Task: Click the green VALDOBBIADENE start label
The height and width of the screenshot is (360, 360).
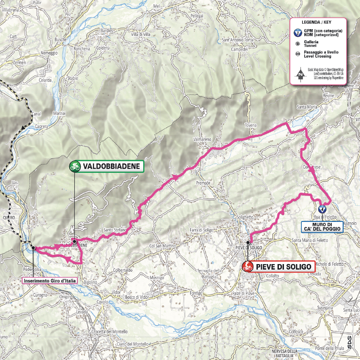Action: (x=106, y=166)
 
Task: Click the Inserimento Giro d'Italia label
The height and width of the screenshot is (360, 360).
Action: (x=49, y=279)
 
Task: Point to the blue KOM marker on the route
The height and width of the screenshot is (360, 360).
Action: (x=322, y=209)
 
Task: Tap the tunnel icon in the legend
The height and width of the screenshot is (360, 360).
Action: (x=298, y=43)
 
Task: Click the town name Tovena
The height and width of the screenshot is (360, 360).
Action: (x=251, y=125)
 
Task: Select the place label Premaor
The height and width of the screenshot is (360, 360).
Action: (x=203, y=183)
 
